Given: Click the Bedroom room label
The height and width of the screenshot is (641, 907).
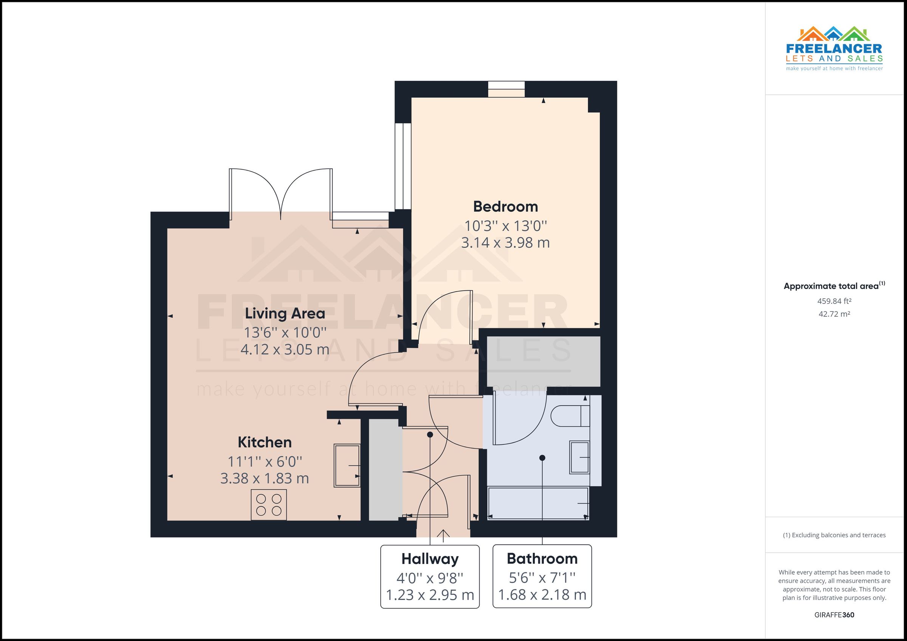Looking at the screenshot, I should point(505,206).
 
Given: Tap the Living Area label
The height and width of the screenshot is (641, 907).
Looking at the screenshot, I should point(285,313).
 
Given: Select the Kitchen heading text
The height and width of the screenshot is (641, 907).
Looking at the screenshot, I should point(265,442).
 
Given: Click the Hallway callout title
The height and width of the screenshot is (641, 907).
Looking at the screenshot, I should point(430,559).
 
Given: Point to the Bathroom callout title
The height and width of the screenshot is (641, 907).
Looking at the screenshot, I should point(542,559).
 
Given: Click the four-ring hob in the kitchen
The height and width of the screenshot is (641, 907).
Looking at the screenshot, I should point(269,505).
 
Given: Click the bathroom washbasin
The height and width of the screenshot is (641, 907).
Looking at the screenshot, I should point(579,458).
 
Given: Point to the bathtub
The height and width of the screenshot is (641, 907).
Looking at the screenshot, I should point(538,504).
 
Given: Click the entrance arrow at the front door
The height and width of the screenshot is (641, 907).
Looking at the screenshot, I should point(443,536).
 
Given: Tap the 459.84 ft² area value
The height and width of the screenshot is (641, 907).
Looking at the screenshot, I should point(834,301).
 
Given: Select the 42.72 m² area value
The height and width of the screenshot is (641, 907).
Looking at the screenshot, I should point(834,314).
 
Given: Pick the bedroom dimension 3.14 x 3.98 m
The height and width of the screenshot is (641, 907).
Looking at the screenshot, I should point(505,242).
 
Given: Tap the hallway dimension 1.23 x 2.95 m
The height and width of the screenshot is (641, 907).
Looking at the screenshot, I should point(430,595).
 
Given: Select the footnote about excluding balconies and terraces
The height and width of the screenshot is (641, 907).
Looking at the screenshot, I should point(834,535).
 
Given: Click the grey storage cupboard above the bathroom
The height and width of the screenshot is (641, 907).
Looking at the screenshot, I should point(543,361).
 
